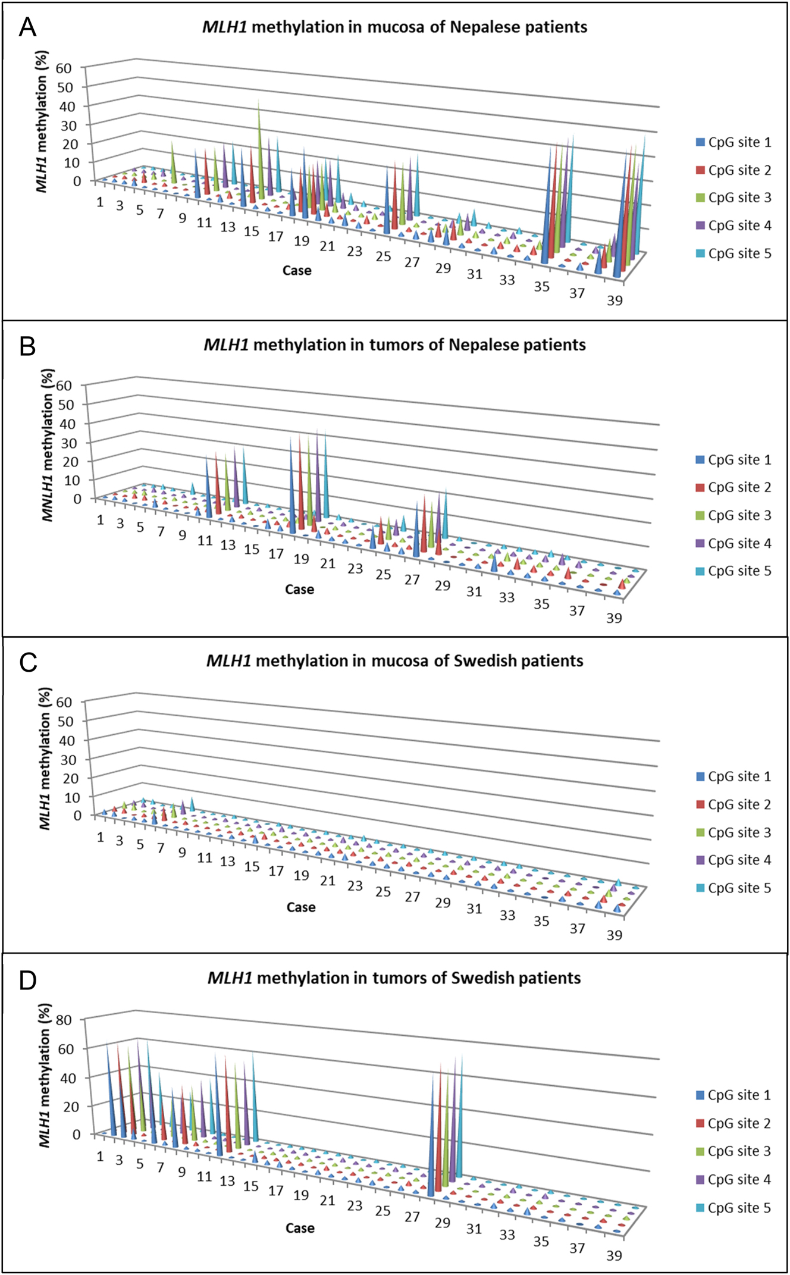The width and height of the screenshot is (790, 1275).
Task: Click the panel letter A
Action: coord(27,27)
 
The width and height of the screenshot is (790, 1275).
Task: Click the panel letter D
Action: coord(28,980)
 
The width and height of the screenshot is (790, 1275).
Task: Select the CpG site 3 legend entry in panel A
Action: coord(733,198)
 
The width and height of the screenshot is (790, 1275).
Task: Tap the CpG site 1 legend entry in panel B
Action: coord(733,460)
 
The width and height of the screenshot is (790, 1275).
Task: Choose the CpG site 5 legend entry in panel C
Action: coord(733,888)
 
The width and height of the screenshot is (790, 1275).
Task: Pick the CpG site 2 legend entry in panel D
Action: coord(733,1123)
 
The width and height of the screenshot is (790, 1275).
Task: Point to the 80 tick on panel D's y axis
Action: coord(64,1020)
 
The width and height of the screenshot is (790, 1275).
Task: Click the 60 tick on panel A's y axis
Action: coord(64,68)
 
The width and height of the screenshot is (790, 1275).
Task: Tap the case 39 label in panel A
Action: coord(615,300)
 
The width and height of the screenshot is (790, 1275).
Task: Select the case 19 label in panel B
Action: coord(302,559)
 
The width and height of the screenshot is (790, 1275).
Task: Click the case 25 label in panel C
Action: coord(383,891)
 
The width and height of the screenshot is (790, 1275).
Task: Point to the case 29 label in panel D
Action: coord(442,1223)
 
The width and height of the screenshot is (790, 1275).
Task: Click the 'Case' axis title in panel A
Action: coord(297,271)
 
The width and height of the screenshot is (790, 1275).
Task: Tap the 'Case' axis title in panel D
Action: coord(300,1228)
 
